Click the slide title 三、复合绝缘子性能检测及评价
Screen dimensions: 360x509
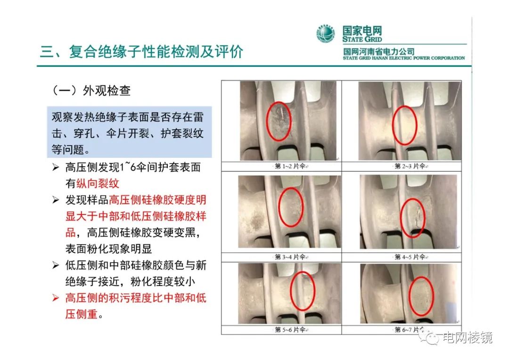click(x=141, y=51)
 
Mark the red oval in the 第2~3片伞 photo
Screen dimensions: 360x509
click(x=405, y=125)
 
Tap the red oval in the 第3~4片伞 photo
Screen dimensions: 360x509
click(x=291, y=207)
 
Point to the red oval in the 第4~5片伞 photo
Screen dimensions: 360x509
click(x=413, y=215)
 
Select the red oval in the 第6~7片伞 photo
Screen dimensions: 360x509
click(x=420, y=296)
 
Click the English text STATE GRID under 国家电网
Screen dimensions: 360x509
click(x=362, y=40)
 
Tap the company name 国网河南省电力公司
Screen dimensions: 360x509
click(x=379, y=51)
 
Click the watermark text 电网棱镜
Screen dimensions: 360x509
click(x=467, y=337)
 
